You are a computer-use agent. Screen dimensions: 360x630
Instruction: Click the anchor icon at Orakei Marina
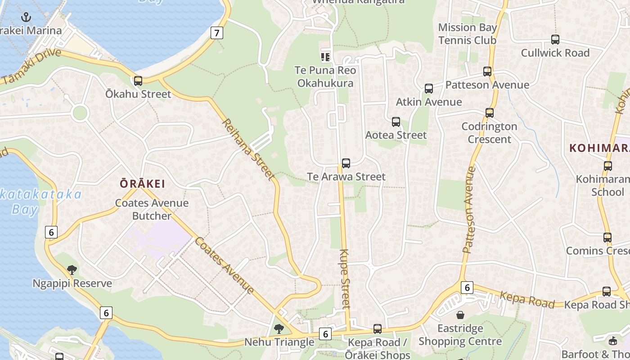pyautogui.click(x=27, y=18)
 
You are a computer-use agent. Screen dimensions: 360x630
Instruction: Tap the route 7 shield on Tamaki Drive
pyautogui.click(x=217, y=32)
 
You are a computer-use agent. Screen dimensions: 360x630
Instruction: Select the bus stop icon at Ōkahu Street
pyautogui.click(x=138, y=81)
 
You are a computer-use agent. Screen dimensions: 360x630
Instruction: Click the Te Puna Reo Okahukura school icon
pyautogui.click(x=325, y=57)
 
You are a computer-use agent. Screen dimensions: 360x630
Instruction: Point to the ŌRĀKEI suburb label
pyautogui.click(x=142, y=184)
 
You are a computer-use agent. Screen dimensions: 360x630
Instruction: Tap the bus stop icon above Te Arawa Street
pyautogui.click(x=346, y=163)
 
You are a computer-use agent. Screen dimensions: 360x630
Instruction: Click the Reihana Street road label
pyautogui.click(x=249, y=150)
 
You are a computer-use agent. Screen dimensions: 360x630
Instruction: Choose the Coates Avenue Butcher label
pyautogui.click(x=152, y=209)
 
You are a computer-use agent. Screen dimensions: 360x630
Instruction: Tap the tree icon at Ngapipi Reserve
pyautogui.click(x=72, y=270)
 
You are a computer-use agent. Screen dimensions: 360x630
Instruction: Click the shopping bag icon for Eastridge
pyautogui.click(x=460, y=315)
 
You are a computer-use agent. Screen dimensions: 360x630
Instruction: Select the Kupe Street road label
pyautogui.click(x=345, y=279)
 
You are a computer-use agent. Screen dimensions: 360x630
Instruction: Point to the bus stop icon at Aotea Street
pyautogui.click(x=396, y=122)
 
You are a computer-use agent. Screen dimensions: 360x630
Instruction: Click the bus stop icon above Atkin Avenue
pyautogui.click(x=428, y=89)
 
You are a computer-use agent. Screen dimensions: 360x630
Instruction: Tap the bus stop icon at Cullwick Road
pyautogui.click(x=555, y=40)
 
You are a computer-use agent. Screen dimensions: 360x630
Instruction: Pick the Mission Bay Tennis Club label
pyautogui.click(x=468, y=34)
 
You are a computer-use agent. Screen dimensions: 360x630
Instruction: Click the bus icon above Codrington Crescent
pyautogui.click(x=489, y=113)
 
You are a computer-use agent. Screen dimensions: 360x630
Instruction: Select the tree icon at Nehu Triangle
pyautogui.click(x=279, y=328)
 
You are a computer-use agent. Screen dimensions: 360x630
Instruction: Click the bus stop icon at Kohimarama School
pyautogui.click(x=608, y=166)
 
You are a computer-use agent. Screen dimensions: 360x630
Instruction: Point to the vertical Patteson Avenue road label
pyautogui.click(x=468, y=210)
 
